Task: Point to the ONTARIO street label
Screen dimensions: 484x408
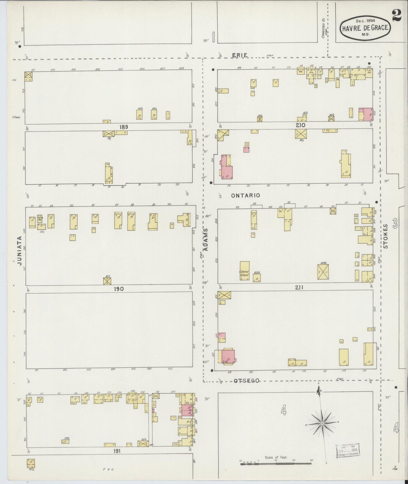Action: coord(245,195)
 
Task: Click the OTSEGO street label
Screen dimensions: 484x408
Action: coord(246,381)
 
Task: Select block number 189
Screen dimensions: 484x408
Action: coord(123,127)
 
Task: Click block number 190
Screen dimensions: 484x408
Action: coord(119,289)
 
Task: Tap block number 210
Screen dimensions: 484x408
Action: coord(301,125)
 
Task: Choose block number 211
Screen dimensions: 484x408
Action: coord(299,287)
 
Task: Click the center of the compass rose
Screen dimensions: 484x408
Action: coord(322,424)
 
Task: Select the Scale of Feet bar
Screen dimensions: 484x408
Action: coord(276,464)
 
